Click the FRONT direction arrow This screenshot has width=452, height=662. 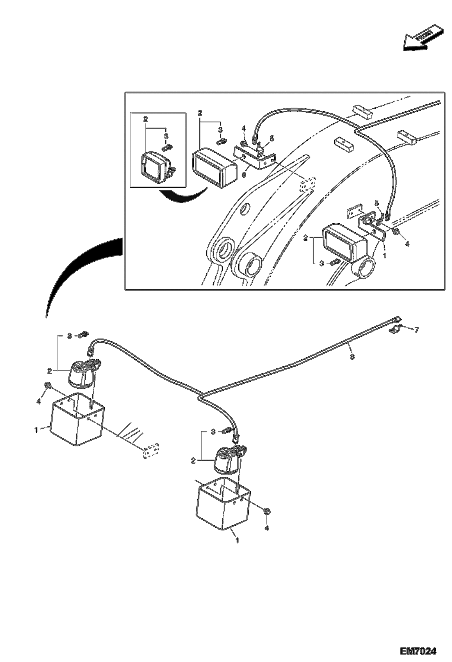pyautogui.click(x=423, y=38)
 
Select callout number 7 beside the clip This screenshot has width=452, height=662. pyautogui.click(x=416, y=330)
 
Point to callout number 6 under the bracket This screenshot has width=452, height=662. pyautogui.click(x=244, y=174)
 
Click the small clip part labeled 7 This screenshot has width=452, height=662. pyautogui.click(x=394, y=330)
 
